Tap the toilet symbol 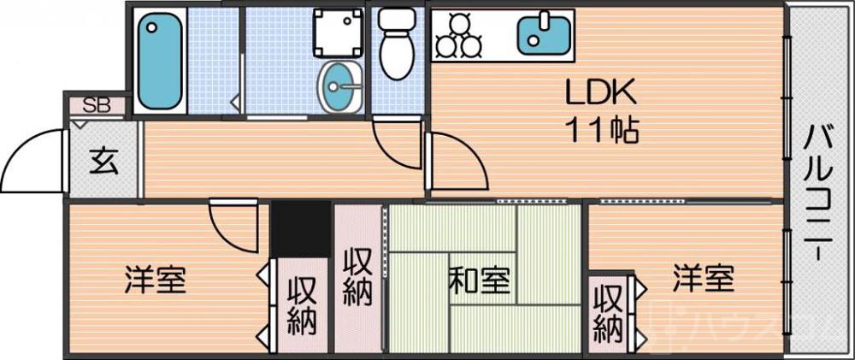394,43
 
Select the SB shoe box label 96,106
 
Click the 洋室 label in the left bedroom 155,280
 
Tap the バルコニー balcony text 818,192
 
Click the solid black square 301,228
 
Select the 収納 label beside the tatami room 357,277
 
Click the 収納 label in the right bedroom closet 608,312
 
